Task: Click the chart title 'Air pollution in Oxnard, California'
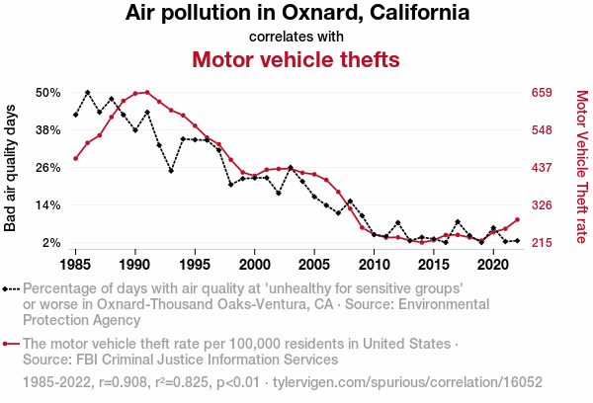296,14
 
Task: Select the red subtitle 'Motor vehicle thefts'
296,60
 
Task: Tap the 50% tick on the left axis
48,93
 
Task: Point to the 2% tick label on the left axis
51,243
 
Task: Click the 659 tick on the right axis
543,93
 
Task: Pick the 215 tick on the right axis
543,243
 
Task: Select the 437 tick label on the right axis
543,168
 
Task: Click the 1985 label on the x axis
76,265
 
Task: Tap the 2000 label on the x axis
255,265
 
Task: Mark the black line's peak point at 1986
88,92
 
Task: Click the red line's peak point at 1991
147,92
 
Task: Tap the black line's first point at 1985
76,116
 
